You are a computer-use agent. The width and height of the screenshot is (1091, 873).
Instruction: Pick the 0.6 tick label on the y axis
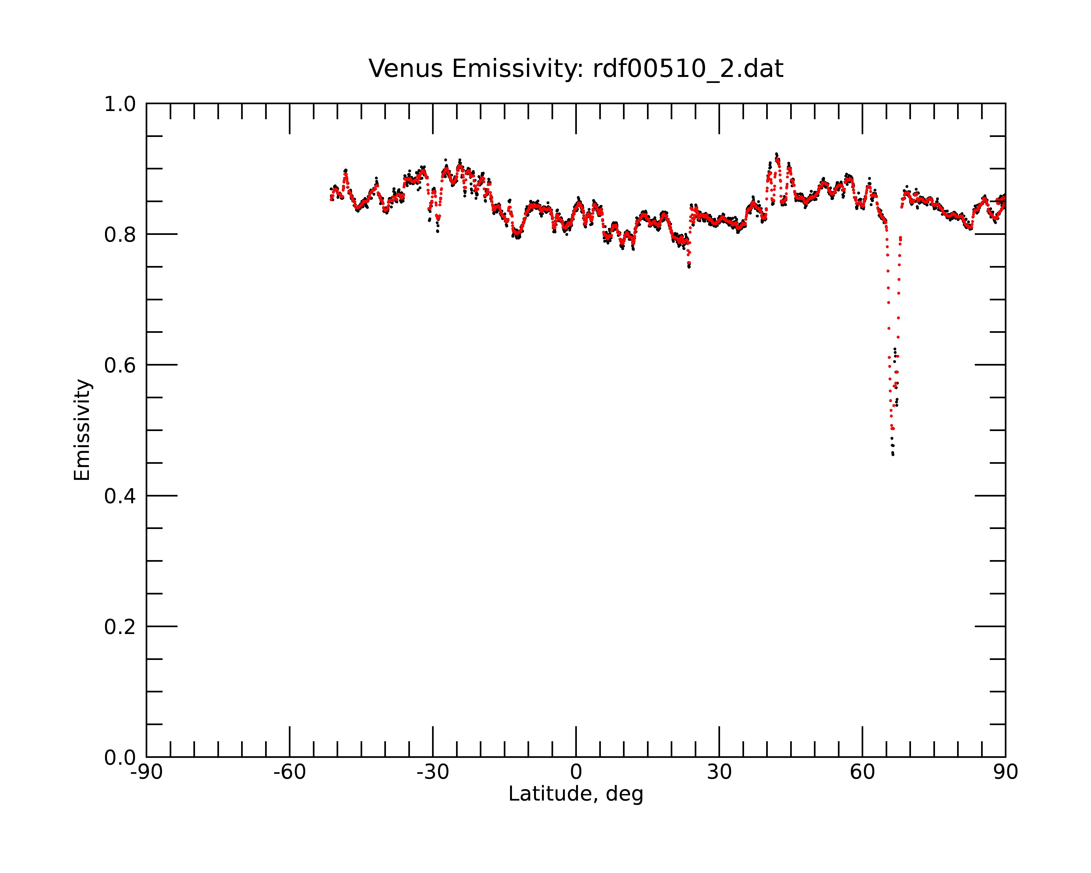120,365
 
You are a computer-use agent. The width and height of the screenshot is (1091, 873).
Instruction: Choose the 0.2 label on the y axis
120,627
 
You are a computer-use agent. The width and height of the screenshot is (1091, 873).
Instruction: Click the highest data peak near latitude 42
776,154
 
